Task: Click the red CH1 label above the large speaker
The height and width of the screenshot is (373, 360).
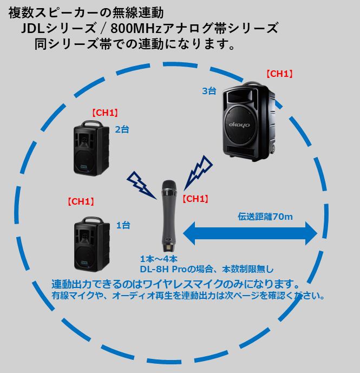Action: pyautogui.click(x=279, y=74)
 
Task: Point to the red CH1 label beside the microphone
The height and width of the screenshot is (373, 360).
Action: pyautogui.click(x=195, y=199)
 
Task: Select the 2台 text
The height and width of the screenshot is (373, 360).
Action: pyautogui.click(x=122, y=129)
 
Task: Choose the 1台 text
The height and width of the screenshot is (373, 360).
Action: pyautogui.click(x=123, y=225)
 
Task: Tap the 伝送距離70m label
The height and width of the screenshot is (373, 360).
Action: pyautogui.click(x=266, y=217)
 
